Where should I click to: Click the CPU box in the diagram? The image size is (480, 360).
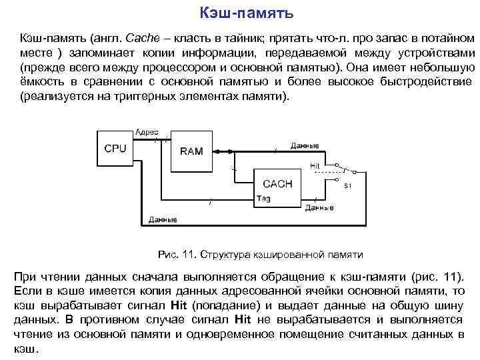115,149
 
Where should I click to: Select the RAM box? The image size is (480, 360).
191,151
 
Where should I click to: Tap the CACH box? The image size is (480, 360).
278,183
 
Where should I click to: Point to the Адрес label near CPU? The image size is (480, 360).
147,132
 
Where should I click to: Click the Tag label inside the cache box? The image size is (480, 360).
263,198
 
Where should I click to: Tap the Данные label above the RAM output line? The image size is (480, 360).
305,145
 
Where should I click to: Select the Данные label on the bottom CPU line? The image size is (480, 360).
163,219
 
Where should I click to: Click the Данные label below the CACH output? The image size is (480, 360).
319,207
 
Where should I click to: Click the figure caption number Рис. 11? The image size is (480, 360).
174,255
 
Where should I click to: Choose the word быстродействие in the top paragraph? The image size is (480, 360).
417,81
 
